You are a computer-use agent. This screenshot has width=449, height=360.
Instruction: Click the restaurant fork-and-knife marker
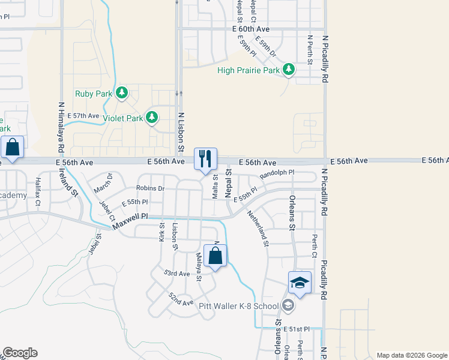(205, 159)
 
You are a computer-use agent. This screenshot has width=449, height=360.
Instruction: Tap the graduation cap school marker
(300, 281)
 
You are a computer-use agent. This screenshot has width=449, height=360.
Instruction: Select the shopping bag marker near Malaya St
(215, 256)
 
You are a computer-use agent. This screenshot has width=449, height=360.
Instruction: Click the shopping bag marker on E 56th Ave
(13, 147)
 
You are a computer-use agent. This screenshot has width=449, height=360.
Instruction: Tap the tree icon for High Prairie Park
(289, 70)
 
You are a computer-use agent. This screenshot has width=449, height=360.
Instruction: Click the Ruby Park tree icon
(122, 93)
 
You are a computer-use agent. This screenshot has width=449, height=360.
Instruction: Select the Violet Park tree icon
(152, 118)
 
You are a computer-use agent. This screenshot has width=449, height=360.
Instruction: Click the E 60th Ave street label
(250, 29)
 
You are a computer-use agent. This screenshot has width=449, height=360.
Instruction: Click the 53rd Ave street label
(178, 274)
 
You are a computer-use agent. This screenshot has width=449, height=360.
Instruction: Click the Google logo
(20, 353)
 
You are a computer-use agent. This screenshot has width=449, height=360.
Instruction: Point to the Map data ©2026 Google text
(411, 355)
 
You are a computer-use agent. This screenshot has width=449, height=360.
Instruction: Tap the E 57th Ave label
(83, 115)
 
